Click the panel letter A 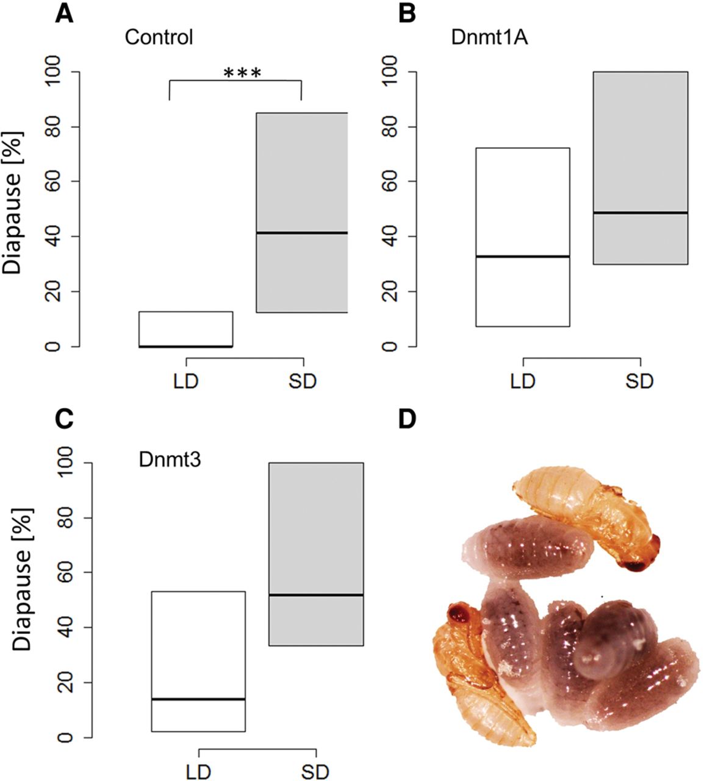[x=64, y=13]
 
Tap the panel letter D [x=407, y=419]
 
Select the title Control [x=159, y=37]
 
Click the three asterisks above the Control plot [x=242, y=74]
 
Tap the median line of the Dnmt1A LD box [x=522, y=256]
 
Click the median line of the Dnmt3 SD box [x=316, y=595]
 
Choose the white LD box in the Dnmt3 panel [x=198, y=647]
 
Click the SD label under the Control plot [x=303, y=383]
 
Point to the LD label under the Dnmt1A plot [x=522, y=383]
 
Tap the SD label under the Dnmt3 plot [x=315, y=772]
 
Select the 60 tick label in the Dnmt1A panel [x=390, y=182]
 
